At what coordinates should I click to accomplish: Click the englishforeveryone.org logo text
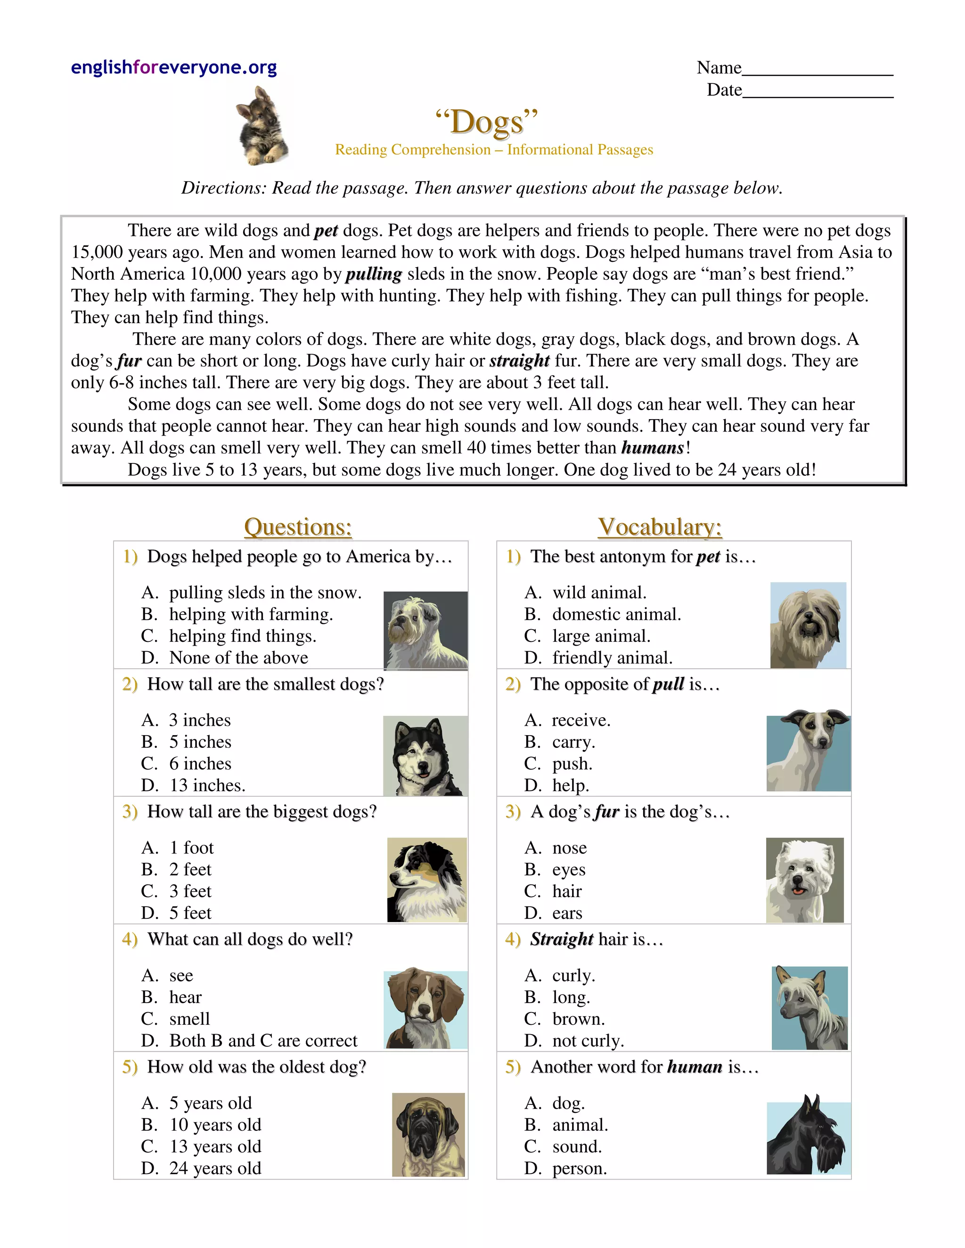point(174,67)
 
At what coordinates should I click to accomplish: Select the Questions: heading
point(298,527)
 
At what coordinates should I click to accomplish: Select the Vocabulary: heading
point(660,527)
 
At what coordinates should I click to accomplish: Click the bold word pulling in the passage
point(374,274)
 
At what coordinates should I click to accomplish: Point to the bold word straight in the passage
point(519,361)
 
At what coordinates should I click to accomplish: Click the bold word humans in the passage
point(652,448)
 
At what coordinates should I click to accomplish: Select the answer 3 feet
point(190,891)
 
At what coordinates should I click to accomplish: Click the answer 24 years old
point(215,1168)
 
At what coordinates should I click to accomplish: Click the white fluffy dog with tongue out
point(804,880)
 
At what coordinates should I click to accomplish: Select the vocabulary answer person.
point(579,1168)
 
